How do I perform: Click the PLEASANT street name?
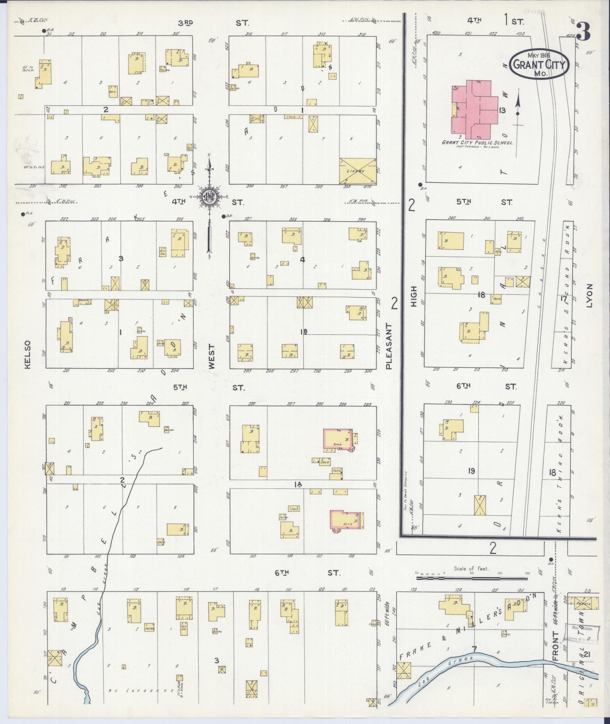pos(389,346)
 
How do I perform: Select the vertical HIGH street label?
pos(413,296)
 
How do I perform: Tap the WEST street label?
pos(211,356)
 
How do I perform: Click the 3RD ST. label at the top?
pos(185,23)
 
